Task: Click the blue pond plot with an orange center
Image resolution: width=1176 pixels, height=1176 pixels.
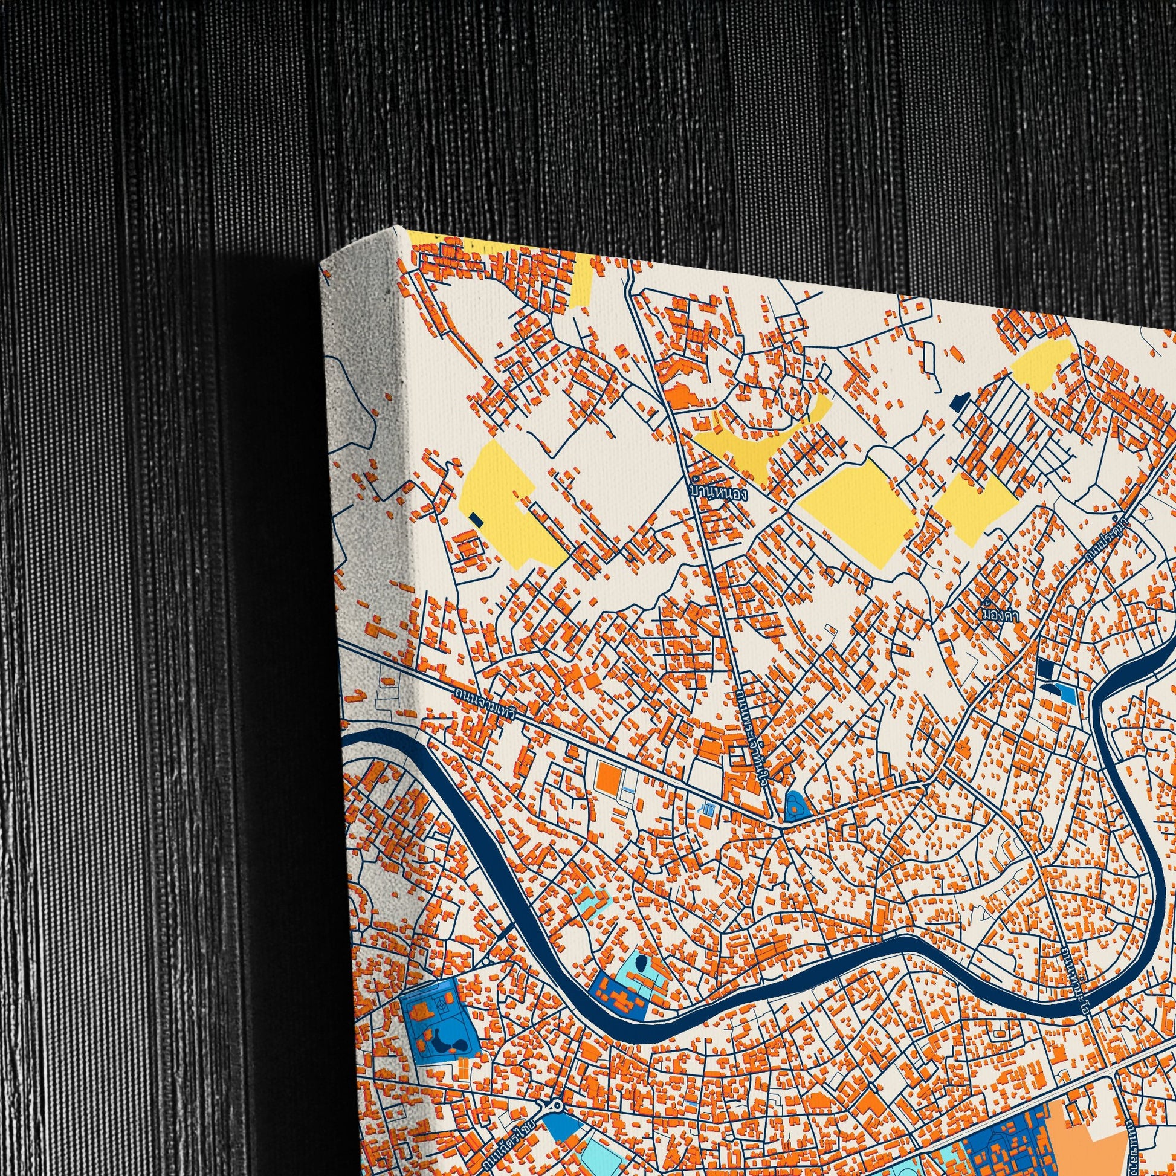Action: pyautogui.click(x=796, y=807)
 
